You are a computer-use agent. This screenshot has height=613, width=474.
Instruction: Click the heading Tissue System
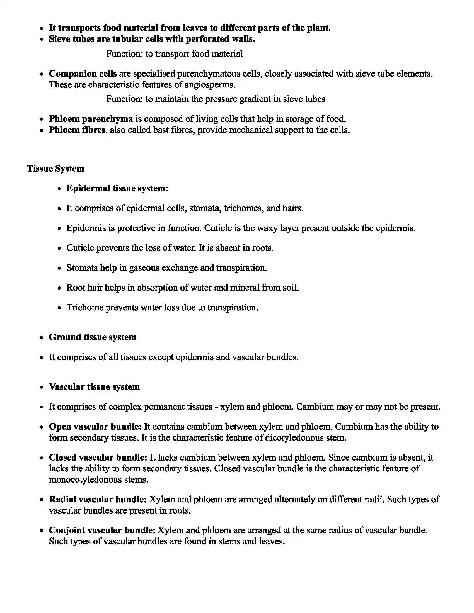tap(55, 168)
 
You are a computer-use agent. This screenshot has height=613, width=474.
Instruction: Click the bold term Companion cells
tap(83, 74)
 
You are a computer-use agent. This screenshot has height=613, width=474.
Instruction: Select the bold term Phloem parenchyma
tap(91, 119)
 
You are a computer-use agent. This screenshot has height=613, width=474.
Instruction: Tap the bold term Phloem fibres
tap(77, 130)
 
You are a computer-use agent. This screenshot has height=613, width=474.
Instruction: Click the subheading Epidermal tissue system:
tap(117, 188)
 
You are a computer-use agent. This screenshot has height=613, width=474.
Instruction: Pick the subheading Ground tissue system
tap(92, 337)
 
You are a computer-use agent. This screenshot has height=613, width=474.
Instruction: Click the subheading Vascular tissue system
tap(94, 387)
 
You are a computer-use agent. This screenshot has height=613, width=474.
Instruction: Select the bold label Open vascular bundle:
tap(95, 427)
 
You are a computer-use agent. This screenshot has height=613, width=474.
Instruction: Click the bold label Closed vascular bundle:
tap(98, 458)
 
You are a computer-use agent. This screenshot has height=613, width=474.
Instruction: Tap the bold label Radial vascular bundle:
tap(98, 499)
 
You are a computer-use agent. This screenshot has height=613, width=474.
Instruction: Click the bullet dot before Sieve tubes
tap(42, 39)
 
